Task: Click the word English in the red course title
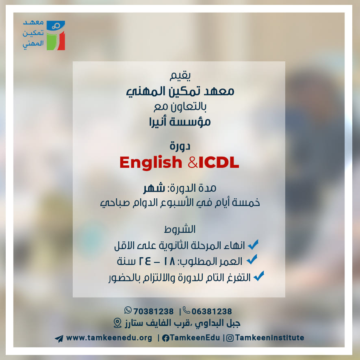(151, 163)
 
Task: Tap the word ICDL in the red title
(219, 163)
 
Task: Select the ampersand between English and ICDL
(193, 163)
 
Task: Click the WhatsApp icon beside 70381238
(128, 310)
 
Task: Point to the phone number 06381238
(212, 311)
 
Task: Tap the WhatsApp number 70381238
(153, 311)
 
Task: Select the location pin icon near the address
(117, 323)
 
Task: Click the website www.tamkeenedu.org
(109, 338)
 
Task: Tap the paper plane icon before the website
(59, 338)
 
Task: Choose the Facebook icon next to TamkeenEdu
(165, 338)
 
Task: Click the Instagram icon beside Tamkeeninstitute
(230, 338)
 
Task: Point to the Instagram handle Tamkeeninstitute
(269, 338)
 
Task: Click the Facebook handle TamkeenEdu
(195, 338)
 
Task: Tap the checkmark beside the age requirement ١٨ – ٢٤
(252, 260)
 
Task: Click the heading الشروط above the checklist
(180, 229)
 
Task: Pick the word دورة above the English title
(180, 146)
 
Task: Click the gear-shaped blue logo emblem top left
(56, 26)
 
